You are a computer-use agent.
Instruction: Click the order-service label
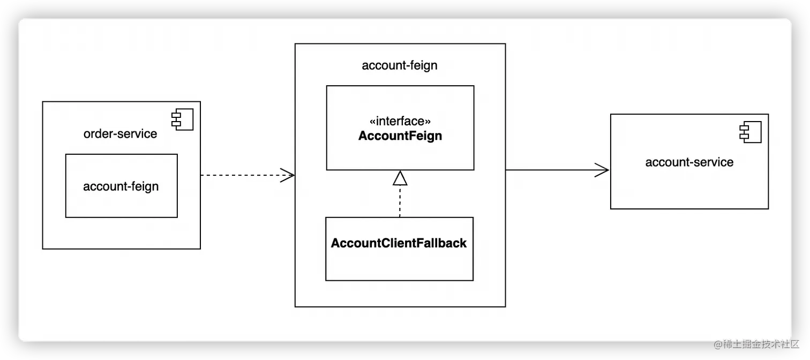(x=121, y=133)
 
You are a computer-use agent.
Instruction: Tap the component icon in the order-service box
(x=182, y=119)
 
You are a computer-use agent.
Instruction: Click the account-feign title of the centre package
(x=400, y=65)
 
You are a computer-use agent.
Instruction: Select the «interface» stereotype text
(x=400, y=122)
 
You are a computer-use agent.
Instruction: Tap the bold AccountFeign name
(x=400, y=136)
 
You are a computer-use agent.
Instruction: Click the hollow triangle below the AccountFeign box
(x=400, y=178)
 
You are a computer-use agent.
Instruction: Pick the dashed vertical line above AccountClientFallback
(x=400, y=201)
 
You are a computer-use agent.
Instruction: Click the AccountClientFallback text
(x=399, y=243)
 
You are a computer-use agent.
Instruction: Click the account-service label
(x=689, y=162)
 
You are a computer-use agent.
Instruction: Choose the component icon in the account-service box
(x=750, y=132)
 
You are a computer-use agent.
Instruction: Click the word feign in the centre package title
(x=423, y=65)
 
